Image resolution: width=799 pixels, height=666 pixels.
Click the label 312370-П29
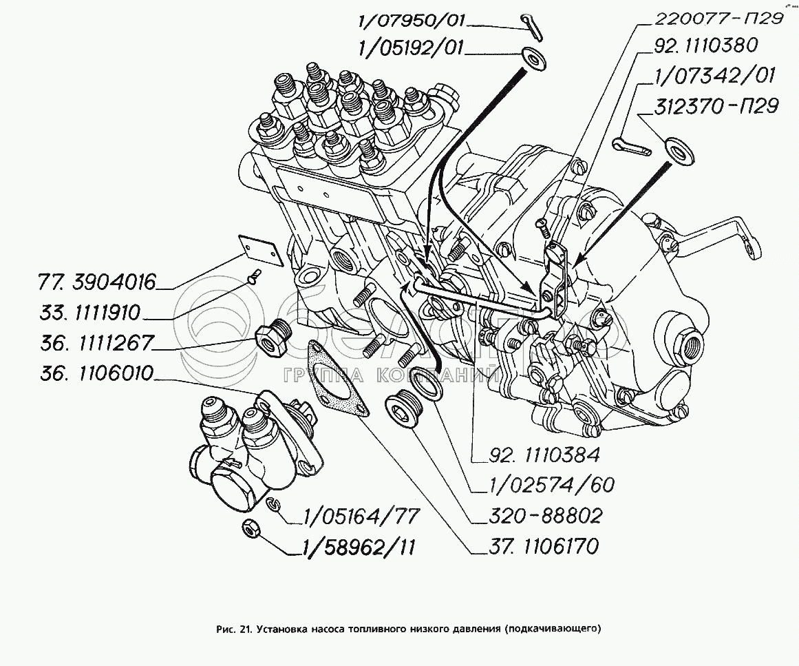tap(717, 107)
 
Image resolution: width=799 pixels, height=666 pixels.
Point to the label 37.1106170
tap(535, 547)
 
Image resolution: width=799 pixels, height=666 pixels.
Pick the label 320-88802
tap(537, 516)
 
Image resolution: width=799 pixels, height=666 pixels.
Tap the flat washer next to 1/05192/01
tap(534, 57)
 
